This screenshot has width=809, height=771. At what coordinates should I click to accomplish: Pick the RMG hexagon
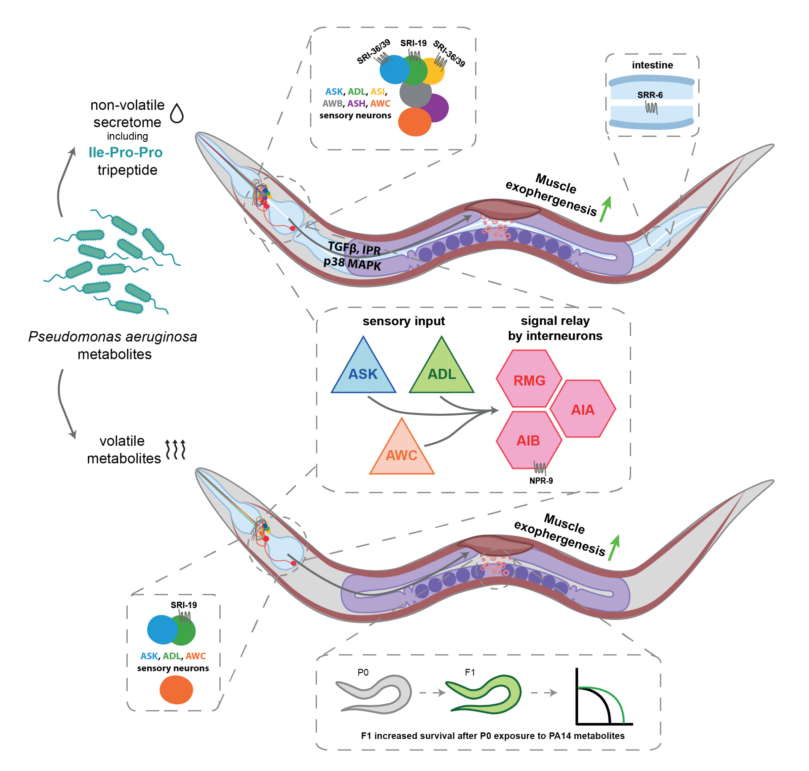529,379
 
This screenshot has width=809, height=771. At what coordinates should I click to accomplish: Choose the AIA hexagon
583,409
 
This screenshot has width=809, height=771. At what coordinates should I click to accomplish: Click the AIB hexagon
529,440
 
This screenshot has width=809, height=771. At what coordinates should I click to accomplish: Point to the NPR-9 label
541,480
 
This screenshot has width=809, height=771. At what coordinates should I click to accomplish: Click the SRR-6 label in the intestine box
650,95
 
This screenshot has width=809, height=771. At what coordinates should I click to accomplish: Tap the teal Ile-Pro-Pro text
125,152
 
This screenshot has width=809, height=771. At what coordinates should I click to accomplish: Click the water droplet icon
177,113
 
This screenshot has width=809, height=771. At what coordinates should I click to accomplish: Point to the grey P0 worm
374,695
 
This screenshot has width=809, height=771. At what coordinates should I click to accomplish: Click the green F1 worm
485,695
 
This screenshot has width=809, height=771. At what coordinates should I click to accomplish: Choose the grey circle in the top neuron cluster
415,94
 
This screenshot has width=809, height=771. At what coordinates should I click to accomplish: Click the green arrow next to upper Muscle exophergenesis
605,208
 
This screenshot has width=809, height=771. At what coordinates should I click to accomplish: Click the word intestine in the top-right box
652,65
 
